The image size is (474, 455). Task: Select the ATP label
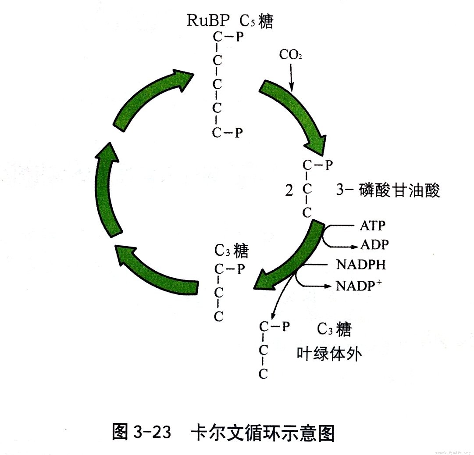tap(372, 226)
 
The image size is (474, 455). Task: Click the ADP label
tap(374, 244)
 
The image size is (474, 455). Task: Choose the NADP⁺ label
tap(359, 286)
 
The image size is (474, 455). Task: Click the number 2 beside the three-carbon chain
tap(289, 191)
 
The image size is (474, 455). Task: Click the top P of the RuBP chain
tap(239, 37)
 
